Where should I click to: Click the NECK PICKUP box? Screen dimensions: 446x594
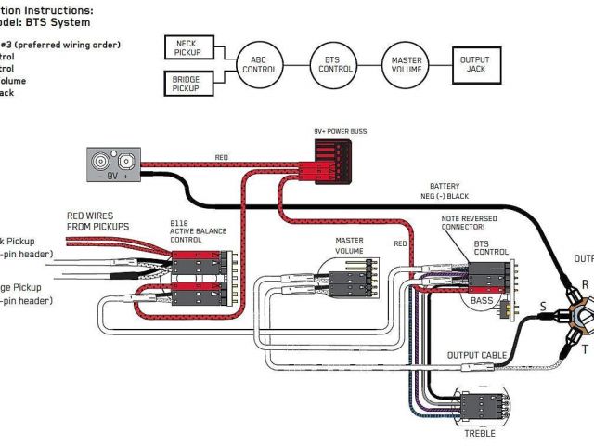[191, 46]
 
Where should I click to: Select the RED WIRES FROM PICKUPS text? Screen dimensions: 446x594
[97, 221]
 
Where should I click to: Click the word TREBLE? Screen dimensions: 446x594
[480, 433]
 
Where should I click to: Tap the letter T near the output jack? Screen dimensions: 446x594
[585, 350]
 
